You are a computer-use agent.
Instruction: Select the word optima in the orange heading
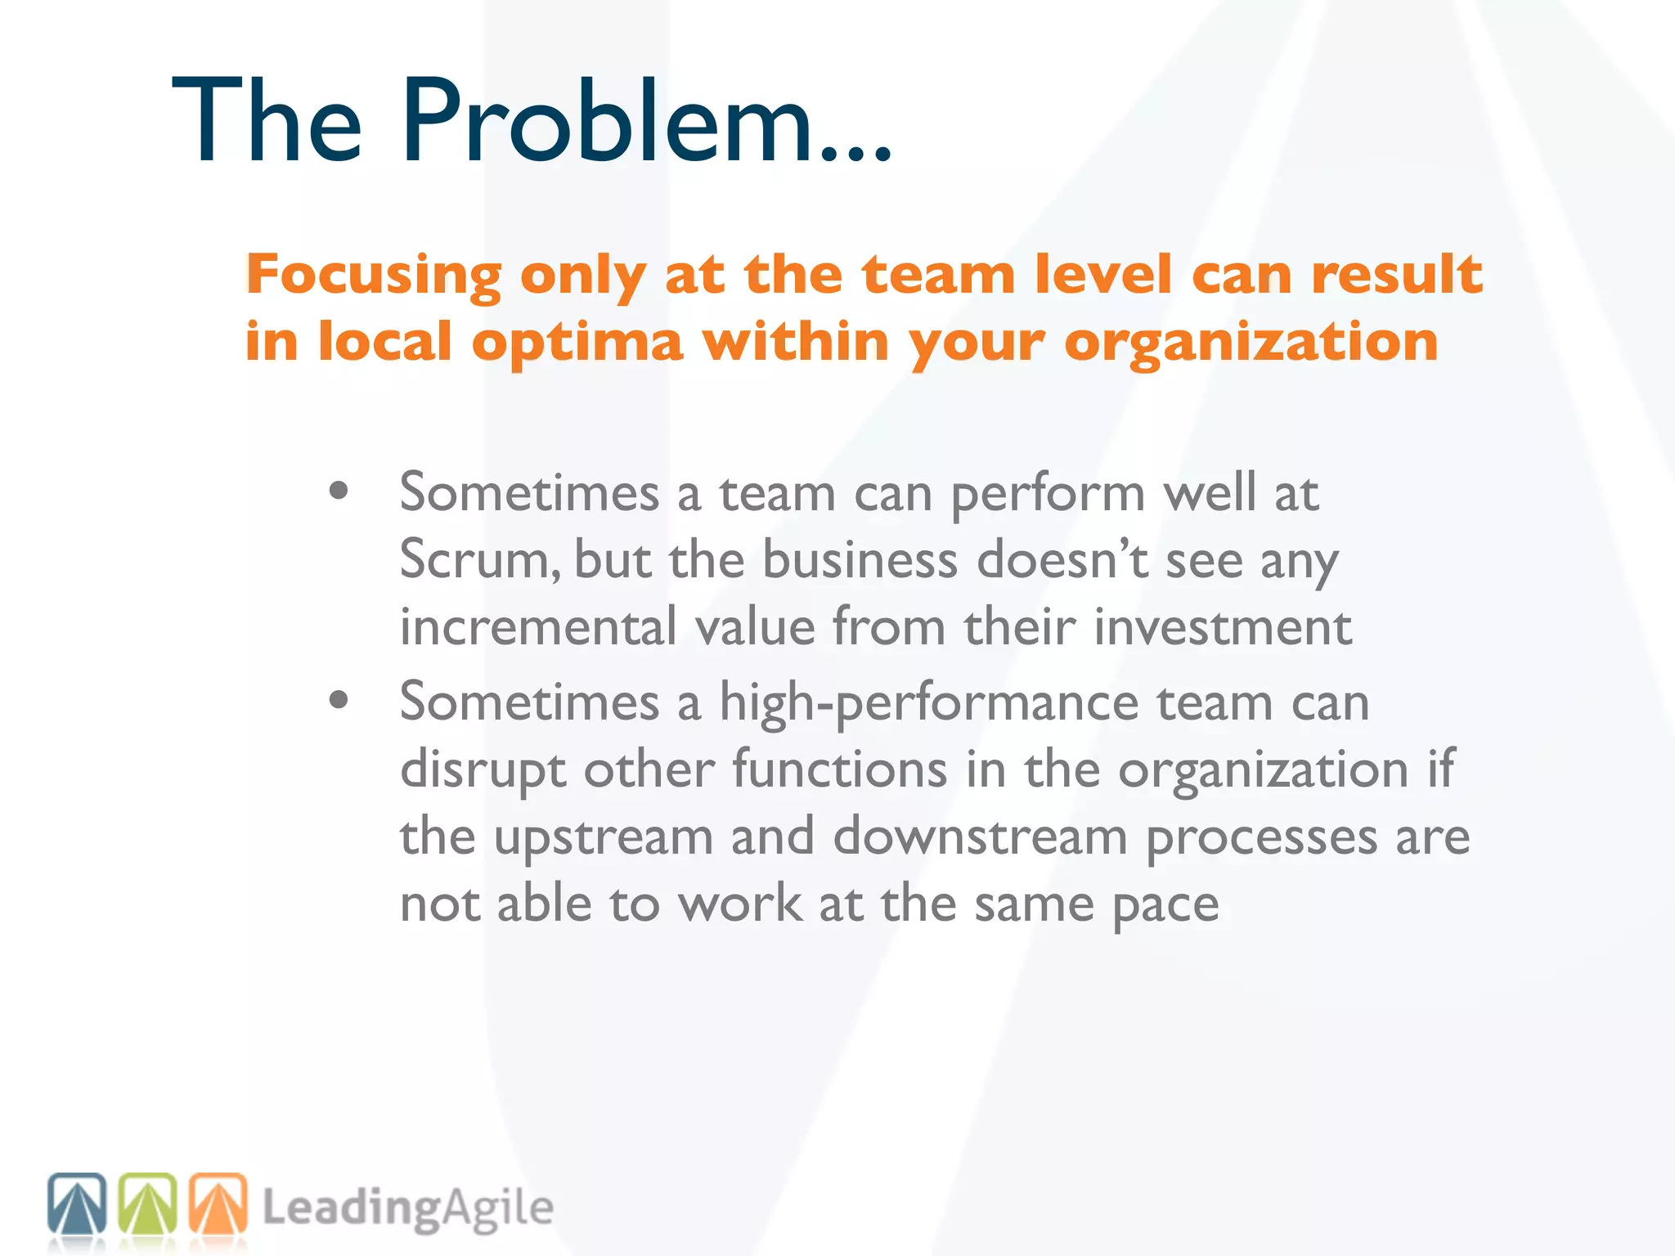[577, 341]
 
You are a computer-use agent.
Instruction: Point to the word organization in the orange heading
[1251, 341]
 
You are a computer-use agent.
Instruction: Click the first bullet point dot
[338, 491]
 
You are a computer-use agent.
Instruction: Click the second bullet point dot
[338, 700]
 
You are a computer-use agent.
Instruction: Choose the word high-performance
[928, 703]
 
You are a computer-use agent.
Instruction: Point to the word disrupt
[483, 770]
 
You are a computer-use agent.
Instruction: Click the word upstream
[604, 837]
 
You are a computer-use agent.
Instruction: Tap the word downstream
[980, 837]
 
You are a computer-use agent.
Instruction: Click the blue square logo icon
[77, 1204]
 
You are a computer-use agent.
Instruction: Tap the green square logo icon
[147, 1204]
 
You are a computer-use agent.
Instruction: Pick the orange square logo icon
[218, 1204]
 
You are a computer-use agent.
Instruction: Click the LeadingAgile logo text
[407, 1209]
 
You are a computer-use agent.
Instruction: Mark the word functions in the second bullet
[838, 770]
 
